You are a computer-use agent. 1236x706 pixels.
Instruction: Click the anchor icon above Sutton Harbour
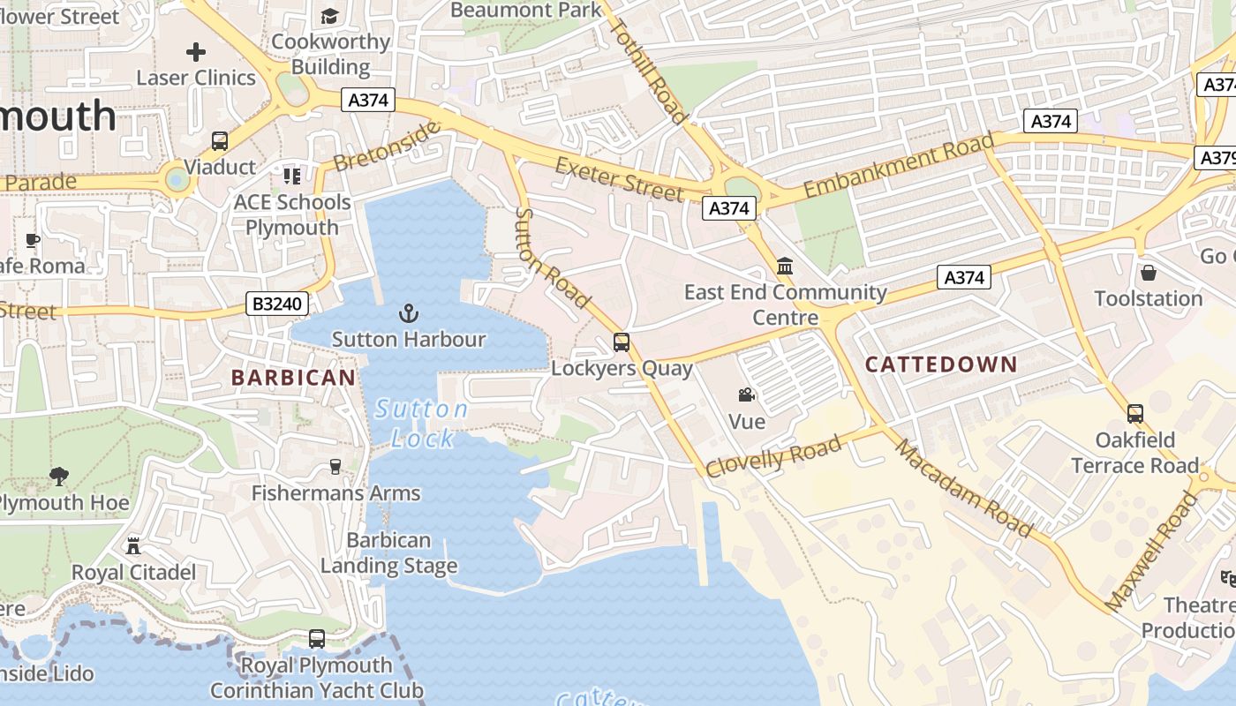click(408, 313)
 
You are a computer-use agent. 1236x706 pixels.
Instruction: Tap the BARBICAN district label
click(293, 378)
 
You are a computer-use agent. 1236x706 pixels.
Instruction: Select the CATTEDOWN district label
click(941, 364)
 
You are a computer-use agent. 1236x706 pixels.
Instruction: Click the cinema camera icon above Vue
click(747, 395)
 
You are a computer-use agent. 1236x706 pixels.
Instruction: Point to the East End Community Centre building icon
click(785, 266)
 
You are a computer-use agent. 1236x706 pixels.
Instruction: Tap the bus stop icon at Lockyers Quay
click(622, 342)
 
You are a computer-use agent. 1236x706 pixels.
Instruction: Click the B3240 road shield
click(277, 304)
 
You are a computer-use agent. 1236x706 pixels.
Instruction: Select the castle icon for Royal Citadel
click(133, 546)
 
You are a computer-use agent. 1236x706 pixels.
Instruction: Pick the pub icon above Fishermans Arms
click(335, 467)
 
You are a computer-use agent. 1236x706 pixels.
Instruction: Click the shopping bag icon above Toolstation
click(1148, 273)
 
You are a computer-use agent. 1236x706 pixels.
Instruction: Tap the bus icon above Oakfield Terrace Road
click(1135, 413)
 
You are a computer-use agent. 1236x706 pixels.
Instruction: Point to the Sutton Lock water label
click(420, 424)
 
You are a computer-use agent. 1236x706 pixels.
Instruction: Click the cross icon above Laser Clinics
click(196, 52)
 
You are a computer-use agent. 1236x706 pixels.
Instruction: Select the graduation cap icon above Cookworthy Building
click(329, 16)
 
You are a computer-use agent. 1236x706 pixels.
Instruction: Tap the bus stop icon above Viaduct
click(220, 141)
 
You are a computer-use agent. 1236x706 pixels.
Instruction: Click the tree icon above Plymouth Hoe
click(59, 477)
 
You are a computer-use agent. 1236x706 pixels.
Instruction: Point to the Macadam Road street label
click(963, 489)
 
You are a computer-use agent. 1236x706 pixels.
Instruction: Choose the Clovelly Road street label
click(773, 457)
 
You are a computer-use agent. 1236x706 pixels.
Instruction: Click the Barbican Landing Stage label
click(388, 553)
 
